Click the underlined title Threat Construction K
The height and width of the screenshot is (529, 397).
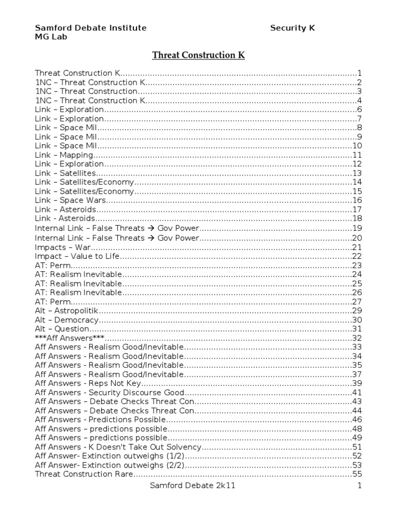point(198,55)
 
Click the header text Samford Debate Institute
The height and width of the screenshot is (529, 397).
point(90,28)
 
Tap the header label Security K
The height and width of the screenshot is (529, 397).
point(292,28)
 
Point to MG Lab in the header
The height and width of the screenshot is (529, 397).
point(50,37)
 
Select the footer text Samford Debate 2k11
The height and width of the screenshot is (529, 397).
point(190,486)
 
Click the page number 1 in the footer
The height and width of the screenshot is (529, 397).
point(359,486)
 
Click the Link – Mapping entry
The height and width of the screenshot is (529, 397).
point(64,155)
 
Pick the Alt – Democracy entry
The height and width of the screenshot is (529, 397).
point(66,320)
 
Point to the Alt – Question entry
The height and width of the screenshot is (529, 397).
point(62,329)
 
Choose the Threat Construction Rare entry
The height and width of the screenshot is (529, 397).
point(84,474)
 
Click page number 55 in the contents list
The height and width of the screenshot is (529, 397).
point(357,474)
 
